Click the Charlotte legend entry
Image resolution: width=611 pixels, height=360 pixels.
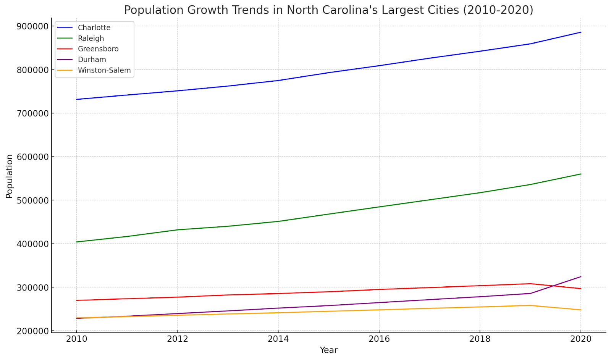(94, 27)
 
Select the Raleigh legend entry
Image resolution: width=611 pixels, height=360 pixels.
(91, 38)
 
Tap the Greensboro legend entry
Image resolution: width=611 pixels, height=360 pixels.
(98, 49)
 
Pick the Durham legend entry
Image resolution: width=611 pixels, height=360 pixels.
(92, 60)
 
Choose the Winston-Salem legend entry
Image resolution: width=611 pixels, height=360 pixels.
(104, 70)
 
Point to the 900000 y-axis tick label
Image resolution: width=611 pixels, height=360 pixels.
(32, 26)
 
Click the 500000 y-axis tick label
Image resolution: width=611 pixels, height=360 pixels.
(32, 200)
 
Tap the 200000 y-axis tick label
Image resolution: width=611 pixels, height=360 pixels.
(32, 331)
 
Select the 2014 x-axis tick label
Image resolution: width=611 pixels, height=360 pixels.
(278, 339)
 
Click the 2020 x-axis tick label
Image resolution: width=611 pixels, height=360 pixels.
(580, 339)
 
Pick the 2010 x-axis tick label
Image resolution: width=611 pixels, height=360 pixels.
(77, 339)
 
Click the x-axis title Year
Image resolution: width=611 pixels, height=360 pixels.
(328, 350)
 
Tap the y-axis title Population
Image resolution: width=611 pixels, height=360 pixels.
(9, 176)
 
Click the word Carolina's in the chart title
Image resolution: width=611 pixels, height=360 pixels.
(346, 10)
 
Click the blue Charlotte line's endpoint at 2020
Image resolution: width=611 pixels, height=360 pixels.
(581, 32)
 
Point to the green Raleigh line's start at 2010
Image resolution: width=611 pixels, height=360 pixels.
(77, 242)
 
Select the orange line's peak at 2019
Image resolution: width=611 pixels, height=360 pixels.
(530, 305)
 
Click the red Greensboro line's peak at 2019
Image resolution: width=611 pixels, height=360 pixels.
(530, 284)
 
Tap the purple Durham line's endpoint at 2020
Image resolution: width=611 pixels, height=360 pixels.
(581, 277)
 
